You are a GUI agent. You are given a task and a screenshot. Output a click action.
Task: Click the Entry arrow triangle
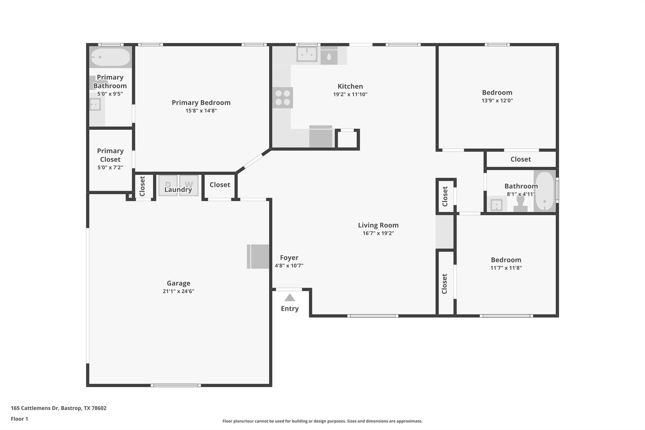pos(289,297)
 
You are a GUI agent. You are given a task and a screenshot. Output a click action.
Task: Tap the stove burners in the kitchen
pos(283,98)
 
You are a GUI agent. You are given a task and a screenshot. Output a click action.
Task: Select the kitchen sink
pos(306,54)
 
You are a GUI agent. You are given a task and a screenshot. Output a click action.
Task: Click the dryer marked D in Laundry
pos(168,185)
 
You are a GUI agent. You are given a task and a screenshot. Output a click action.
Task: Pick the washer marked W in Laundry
pos(189,185)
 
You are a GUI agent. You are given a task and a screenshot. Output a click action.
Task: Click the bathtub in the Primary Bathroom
pos(111,57)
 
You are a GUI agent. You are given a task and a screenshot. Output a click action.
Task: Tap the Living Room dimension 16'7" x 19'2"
pos(378,233)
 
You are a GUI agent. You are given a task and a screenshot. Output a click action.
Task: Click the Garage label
pos(178,283)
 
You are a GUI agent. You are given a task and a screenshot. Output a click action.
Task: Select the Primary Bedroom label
pos(201,102)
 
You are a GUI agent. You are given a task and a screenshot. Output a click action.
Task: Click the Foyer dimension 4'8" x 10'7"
pos(289,266)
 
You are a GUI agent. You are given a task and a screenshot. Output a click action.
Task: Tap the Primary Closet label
pos(110,155)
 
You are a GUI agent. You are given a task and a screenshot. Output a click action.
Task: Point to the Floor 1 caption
pos(19,419)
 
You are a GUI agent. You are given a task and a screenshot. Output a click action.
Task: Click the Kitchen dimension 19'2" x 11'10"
pos(350,94)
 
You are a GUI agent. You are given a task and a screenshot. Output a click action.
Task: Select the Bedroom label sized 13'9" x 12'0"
pos(497,92)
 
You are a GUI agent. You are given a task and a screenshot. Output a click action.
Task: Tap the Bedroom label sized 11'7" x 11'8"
pos(506,260)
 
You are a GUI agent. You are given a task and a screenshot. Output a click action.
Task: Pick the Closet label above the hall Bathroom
pos(520,159)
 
